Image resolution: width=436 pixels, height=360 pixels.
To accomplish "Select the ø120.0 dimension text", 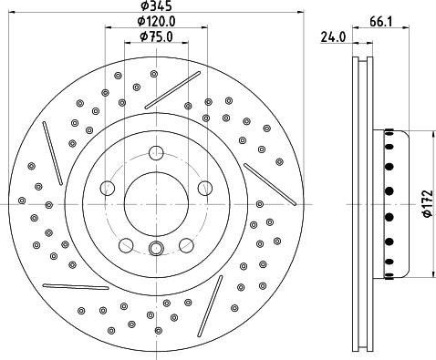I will (157, 22).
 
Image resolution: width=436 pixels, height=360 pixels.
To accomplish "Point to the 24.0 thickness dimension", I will (333, 37).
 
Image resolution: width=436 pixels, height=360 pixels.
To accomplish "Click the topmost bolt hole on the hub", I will (157, 153).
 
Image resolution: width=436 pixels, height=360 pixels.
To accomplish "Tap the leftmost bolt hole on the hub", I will (107, 189).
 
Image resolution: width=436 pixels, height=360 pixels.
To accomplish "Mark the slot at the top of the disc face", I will (166, 89).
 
